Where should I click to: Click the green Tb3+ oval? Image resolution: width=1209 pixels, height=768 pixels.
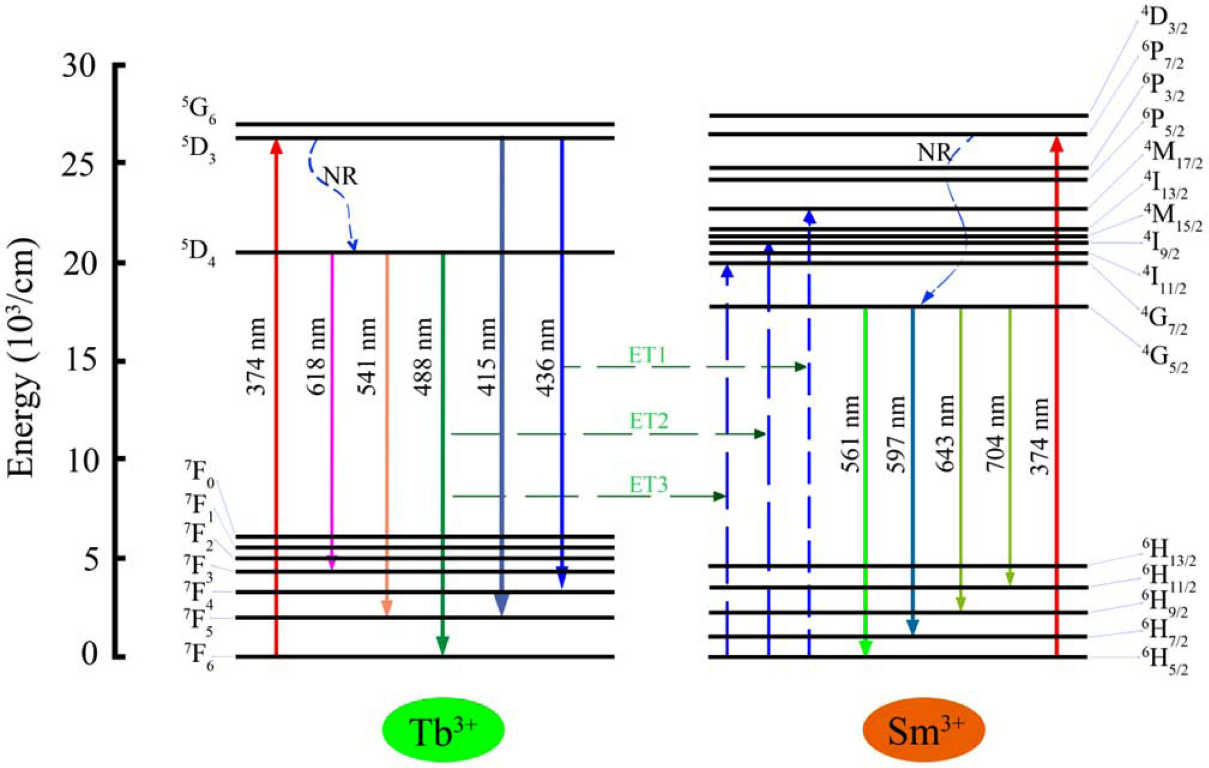click(x=443, y=730)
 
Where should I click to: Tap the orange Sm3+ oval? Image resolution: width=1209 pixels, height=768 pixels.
click(x=924, y=730)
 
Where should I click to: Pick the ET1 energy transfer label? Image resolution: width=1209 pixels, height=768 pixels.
click(x=647, y=355)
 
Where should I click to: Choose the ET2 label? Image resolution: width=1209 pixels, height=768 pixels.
click(x=649, y=421)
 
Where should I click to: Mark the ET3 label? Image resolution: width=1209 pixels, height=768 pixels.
click(x=649, y=485)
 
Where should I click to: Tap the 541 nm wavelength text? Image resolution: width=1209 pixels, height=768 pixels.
click(x=367, y=356)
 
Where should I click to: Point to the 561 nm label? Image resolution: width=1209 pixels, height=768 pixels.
click(x=851, y=434)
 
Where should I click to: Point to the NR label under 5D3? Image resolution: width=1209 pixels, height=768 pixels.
click(x=340, y=176)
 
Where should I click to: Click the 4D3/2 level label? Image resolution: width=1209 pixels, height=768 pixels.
click(x=1164, y=20)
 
